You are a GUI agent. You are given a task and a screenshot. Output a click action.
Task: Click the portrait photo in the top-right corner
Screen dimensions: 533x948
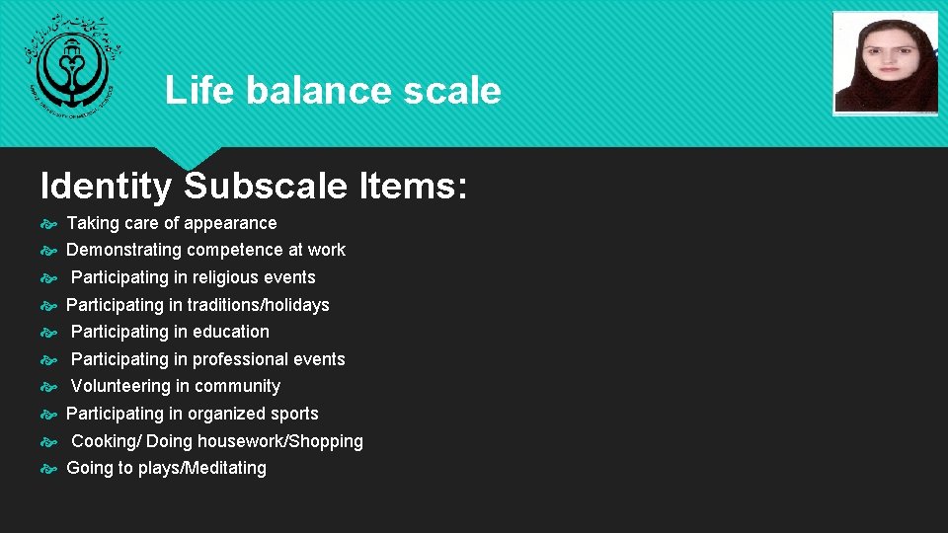886,63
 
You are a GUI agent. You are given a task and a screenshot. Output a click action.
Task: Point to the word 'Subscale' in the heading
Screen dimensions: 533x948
265,186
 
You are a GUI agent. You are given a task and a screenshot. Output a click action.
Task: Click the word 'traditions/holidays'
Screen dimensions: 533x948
259,305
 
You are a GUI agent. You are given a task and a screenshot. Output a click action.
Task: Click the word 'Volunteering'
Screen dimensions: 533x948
120,386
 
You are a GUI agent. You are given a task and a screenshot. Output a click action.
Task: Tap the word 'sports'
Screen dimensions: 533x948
291,414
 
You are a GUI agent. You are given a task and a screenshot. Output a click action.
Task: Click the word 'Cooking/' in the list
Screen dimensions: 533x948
106,441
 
